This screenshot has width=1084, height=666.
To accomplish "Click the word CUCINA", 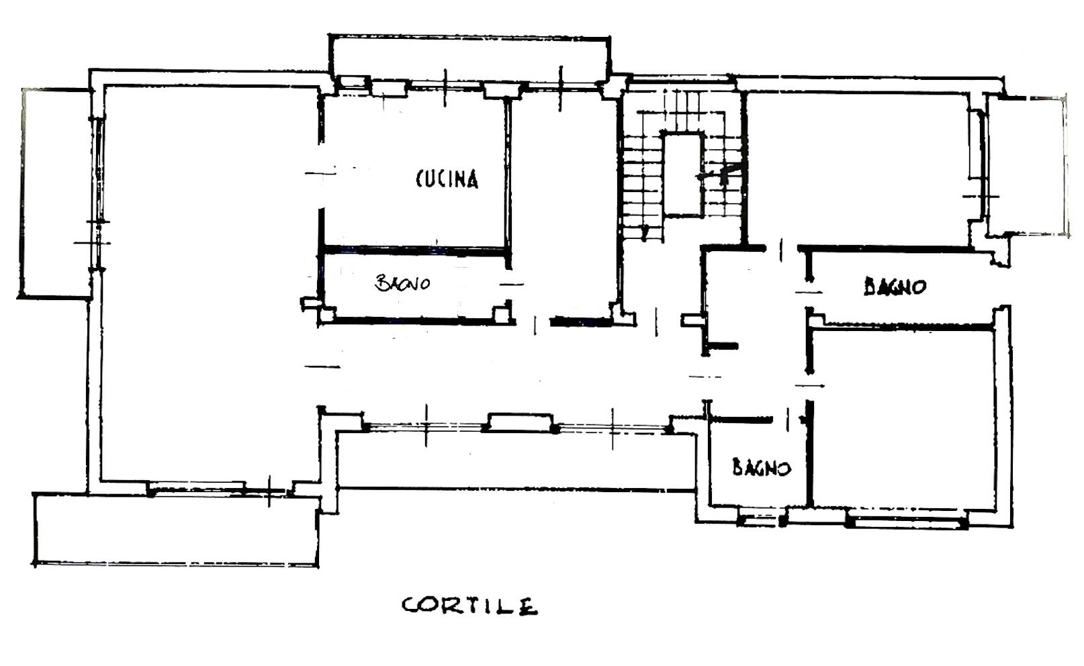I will [x=447, y=179].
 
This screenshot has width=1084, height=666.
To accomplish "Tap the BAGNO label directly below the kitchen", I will [x=402, y=283].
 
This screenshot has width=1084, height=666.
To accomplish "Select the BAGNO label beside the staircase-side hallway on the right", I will [x=895, y=287].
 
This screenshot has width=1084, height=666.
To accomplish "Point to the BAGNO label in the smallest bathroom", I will [x=761, y=467].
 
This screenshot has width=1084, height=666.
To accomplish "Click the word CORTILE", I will [x=469, y=606].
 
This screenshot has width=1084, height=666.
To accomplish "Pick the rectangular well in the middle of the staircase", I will [x=683, y=175].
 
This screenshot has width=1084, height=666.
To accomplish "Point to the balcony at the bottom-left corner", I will [x=175, y=530].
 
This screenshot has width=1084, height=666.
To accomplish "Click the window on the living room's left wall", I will [x=99, y=171].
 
